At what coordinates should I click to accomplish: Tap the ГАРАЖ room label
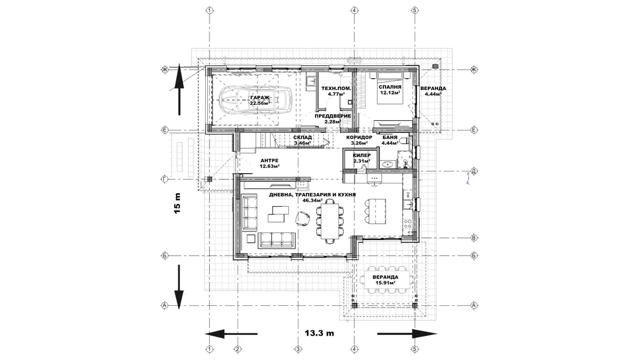(x=260, y=97)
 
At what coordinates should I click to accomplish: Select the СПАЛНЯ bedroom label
(x=390, y=87)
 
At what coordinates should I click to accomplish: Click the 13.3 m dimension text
(x=320, y=333)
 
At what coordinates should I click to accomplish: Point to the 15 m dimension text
(x=177, y=203)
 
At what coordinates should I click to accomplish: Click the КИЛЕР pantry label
(x=362, y=156)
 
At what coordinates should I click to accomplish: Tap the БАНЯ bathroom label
(x=390, y=137)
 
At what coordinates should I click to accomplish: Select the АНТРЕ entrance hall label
(x=269, y=161)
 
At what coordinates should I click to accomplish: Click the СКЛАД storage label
(x=302, y=137)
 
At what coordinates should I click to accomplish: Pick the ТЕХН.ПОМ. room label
(x=336, y=88)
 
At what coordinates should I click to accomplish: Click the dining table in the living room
(x=330, y=221)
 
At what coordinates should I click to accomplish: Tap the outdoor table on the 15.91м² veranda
(x=385, y=280)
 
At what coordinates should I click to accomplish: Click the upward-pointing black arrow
(x=179, y=91)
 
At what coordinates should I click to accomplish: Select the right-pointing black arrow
(x=407, y=334)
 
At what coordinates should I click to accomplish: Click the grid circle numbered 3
(x=298, y=349)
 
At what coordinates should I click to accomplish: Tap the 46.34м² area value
(x=313, y=201)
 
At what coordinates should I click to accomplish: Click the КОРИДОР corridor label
(x=359, y=137)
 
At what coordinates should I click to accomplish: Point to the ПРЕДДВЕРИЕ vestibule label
(x=333, y=116)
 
